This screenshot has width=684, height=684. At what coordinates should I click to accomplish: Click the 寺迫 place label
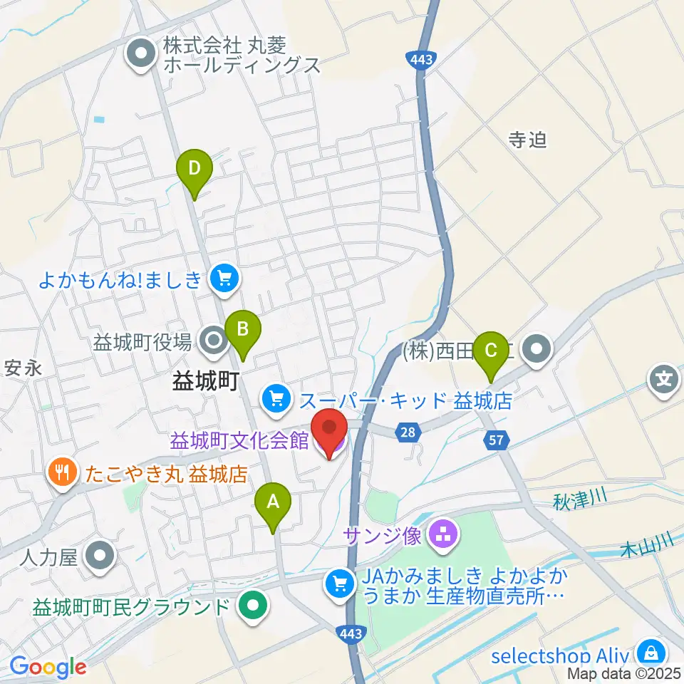point(527,140)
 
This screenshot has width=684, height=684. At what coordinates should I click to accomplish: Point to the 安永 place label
point(21,368)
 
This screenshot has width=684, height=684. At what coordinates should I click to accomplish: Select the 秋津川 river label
point(579,501)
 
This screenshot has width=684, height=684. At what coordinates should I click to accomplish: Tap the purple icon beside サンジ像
point(444,534)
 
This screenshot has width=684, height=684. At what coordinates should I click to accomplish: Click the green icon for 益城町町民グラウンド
point(252,608)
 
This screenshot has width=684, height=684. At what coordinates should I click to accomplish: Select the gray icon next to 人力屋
point(100,556)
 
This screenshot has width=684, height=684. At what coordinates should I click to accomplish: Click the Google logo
point(48,666)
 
